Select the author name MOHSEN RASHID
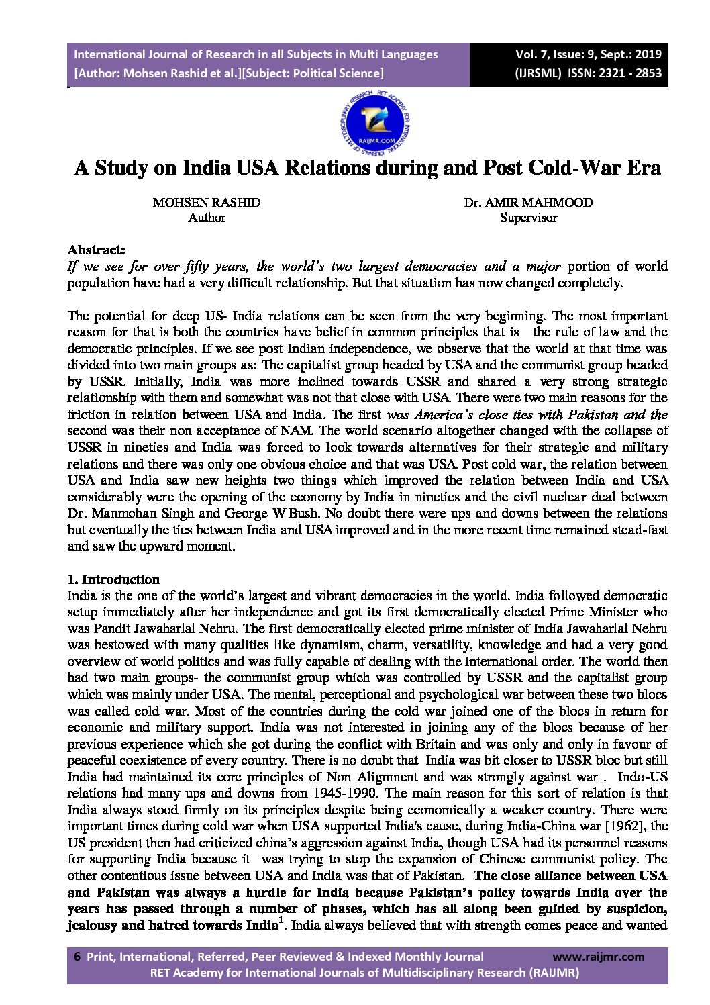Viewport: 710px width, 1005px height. (207, 203)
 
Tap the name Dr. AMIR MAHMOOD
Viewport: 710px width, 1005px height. (528, 203)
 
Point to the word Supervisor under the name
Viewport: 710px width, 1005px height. (528, 218)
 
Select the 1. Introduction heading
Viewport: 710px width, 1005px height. (113, 579)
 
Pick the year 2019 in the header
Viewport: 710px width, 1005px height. (647, 54)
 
